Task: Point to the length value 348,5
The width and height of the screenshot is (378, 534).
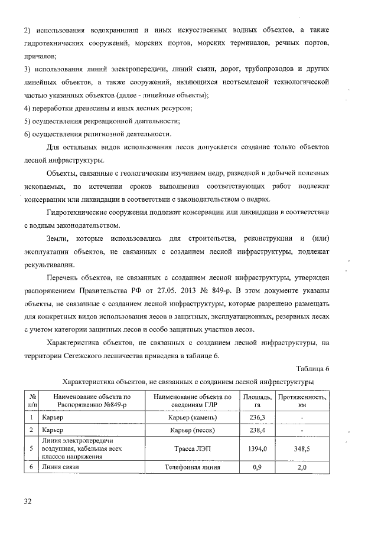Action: [302, 449]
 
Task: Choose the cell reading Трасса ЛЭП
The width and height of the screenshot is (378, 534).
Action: [192, 449]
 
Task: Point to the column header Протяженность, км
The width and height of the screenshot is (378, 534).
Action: [302, 401]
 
